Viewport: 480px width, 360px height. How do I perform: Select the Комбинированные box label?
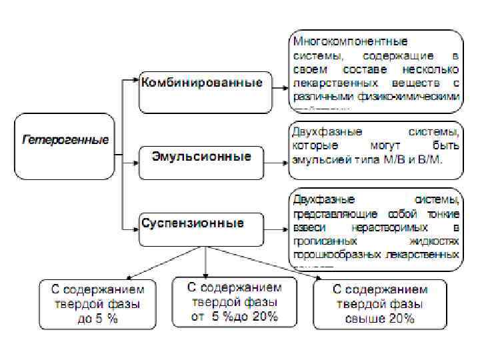202,83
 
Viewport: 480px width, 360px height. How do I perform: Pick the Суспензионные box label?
192,223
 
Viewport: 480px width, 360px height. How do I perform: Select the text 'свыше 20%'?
380,319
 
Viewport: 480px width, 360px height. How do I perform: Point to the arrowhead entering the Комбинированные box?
135,81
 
